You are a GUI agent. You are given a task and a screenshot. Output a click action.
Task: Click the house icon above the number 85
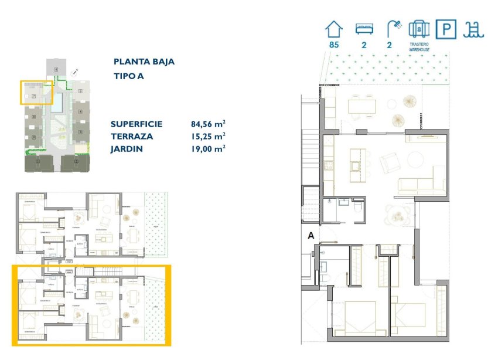334,29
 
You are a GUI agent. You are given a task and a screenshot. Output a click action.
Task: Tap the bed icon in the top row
364,29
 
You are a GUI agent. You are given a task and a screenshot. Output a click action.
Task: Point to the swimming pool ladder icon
473,29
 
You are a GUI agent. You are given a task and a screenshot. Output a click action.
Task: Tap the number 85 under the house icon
334,45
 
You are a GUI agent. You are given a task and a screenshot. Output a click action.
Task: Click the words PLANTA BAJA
144,62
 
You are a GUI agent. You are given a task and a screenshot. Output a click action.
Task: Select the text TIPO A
128,76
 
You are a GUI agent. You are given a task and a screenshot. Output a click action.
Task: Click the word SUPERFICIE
136,124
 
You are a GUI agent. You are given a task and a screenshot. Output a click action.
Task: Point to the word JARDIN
126,149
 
